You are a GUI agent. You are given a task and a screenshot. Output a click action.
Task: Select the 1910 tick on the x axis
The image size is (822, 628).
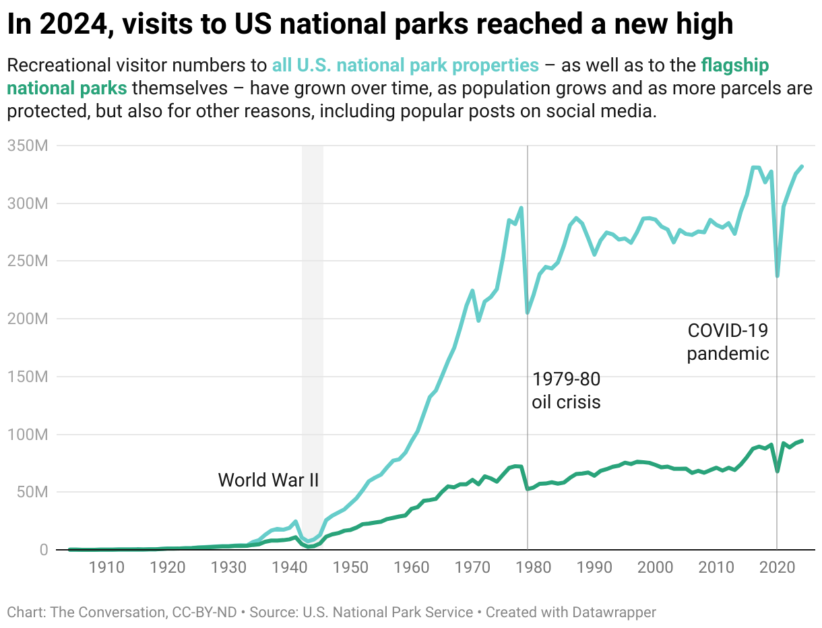click(x=106, y=567)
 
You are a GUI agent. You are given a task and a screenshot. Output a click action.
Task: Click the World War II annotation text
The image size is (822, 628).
click(x=268, y=480)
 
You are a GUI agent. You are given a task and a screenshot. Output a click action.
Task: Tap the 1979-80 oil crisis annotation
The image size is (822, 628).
click(x=566, y=390)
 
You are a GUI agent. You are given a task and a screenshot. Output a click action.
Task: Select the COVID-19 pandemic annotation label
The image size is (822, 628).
click(x=728, y=342)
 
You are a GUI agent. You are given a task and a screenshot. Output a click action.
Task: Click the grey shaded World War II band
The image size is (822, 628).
click(x=313, y=337)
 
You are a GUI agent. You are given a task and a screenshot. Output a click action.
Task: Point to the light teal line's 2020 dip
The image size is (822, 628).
click(x=778, y=276)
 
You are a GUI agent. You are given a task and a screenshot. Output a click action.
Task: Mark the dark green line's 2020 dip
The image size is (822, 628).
click(x=778, y=471)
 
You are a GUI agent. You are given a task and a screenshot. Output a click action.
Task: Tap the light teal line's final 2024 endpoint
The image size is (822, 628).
click(x=802, y=166)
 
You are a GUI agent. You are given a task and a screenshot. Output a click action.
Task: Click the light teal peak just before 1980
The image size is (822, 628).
click(x=521, y=208)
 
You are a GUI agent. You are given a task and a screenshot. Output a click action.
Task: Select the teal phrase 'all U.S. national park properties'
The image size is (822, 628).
click(x=406, y=65)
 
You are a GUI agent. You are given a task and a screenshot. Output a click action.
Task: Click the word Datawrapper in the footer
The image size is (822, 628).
click(x=614, y=613)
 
